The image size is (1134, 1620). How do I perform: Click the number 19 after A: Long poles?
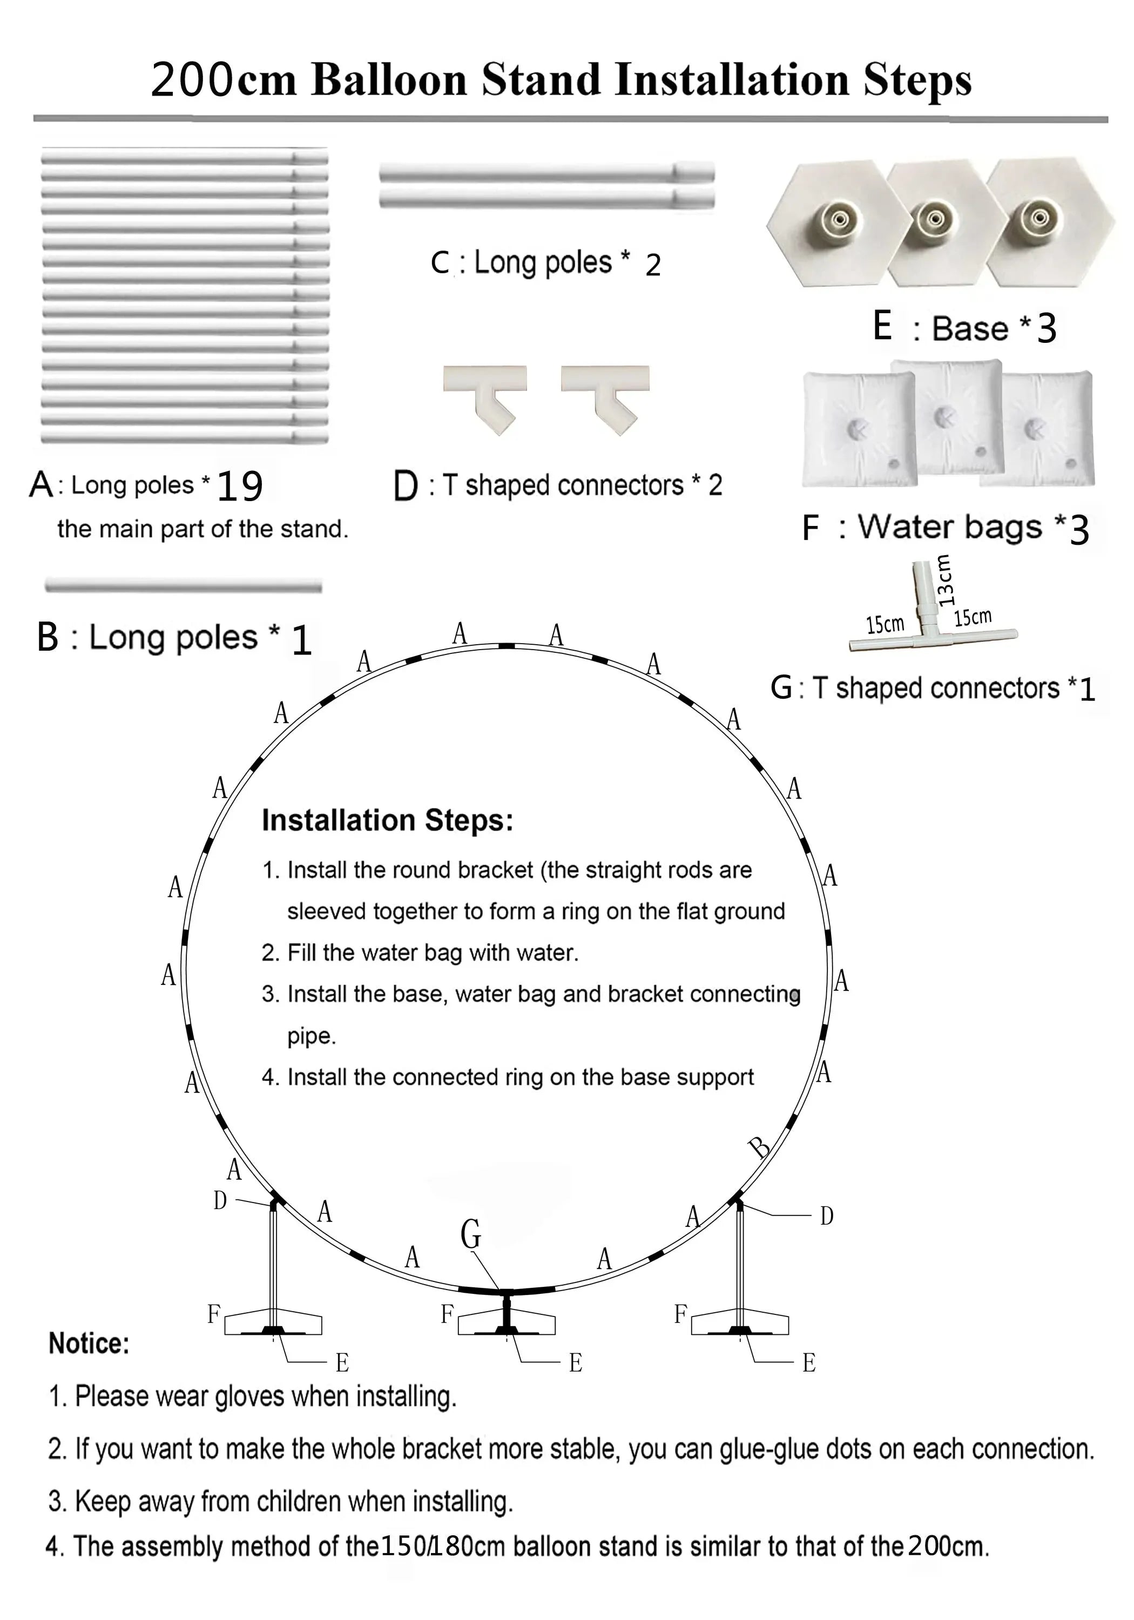point(239,485)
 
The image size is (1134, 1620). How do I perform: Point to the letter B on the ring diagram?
point(760,1147)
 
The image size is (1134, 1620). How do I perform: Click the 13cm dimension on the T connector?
point(946,580)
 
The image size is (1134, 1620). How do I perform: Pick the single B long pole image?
point(184,585)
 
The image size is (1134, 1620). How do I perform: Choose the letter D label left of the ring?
point(220,1200)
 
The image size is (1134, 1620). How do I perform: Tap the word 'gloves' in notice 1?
point(251,1395)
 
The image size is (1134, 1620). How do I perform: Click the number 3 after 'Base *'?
point(1047,328)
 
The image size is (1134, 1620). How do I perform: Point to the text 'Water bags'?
point(949,527)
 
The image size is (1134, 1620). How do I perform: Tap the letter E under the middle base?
point(576,1363)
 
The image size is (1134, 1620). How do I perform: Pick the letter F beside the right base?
point(681,1314)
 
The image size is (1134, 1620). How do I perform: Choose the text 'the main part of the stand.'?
point(203,529)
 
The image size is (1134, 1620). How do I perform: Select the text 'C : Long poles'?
point(521,262)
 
